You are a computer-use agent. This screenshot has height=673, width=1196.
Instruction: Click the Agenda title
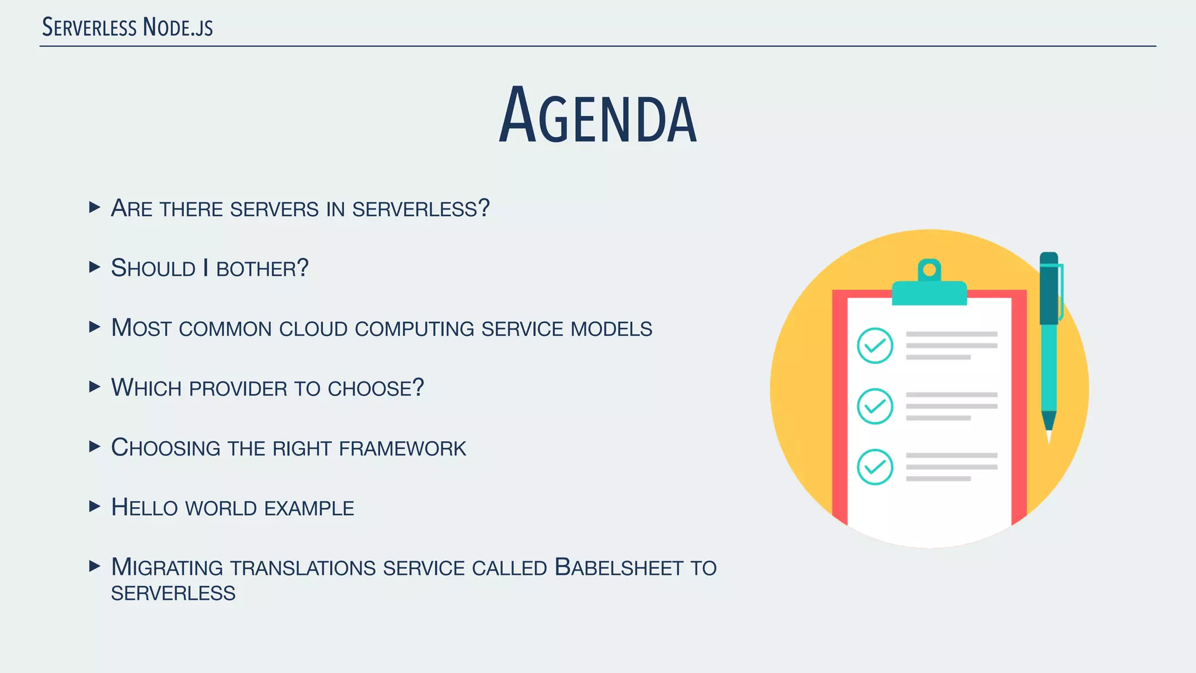[597, 116]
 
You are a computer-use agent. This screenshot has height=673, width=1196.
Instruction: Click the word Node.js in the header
[178, 27]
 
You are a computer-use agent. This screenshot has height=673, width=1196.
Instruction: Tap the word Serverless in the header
[89, 27]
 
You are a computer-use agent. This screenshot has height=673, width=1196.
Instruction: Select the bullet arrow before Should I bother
[95, 268]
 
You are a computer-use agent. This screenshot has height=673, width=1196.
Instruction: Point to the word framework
[402, 448]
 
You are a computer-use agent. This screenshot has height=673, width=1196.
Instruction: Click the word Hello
[144, 507]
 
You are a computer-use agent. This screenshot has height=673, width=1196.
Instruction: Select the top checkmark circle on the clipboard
[875, 346]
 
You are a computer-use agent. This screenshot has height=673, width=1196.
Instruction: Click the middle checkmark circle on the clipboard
[875, 406]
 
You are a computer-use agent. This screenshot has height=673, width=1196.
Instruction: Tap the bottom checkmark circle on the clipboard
[875, 467]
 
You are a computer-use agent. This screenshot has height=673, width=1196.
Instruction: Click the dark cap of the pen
[1049, 289]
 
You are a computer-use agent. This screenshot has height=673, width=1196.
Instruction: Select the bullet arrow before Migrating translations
[95, 566]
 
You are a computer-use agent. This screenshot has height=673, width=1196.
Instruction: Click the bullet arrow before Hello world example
[95, 507]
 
